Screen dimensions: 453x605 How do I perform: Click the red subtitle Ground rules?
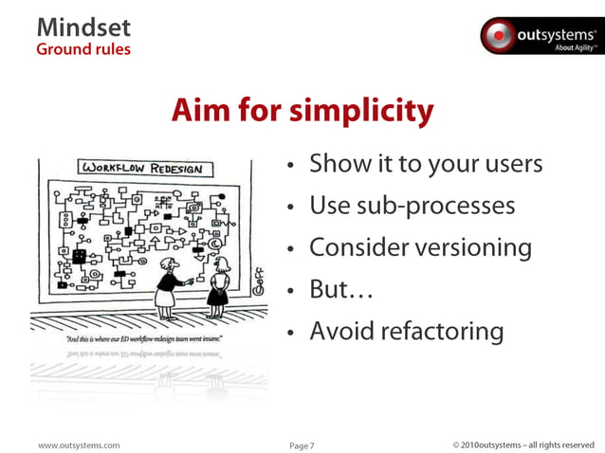(x=83, y=48)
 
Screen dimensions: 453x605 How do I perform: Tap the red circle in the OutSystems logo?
(x=498, y=37)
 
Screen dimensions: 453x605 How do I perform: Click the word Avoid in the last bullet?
(x=341, y=331)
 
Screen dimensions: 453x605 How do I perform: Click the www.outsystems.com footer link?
(x=79, y=443)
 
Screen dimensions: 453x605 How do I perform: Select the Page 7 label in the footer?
(x=302, y=443)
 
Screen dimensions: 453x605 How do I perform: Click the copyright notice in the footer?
(x=523, y=443)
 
